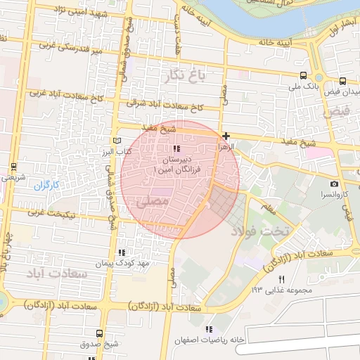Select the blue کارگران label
49,186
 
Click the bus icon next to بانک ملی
303,76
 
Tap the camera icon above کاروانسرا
333,184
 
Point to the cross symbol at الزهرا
225,136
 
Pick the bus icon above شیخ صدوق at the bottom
98,334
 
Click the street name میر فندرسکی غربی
70,49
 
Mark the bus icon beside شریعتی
14,167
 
